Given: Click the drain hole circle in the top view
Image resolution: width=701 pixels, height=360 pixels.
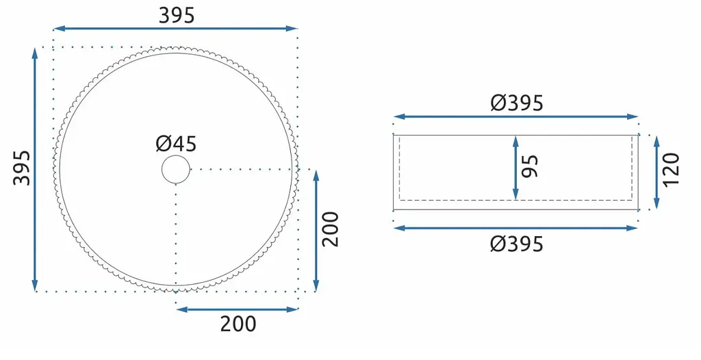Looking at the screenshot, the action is click(x=176, y=155).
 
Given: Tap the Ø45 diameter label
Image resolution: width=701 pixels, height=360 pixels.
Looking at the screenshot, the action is click(x=176, y=144).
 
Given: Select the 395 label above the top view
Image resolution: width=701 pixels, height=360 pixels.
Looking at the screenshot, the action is click(x=177, y=16).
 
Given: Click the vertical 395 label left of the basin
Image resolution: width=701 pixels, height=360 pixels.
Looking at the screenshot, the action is click(x=22, y=168).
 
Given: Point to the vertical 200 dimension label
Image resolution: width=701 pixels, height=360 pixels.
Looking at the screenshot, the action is click(x=331, y=229).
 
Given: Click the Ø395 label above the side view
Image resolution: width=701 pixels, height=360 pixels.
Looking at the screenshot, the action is click(x=517, y=103).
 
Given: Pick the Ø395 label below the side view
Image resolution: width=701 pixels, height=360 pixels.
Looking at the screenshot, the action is click(x=517, y=244).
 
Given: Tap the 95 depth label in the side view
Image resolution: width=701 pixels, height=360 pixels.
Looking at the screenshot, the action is click(x=531, y=166).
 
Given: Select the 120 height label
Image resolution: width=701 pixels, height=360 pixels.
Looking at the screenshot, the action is click(x=671, y=170).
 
